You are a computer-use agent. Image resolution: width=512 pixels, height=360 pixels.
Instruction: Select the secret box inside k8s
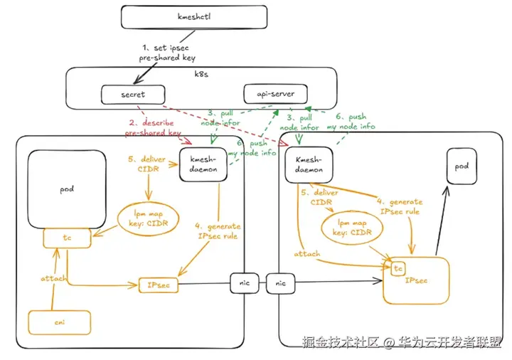coord(133,93)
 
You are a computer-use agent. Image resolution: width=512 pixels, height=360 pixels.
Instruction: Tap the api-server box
coord(270,93)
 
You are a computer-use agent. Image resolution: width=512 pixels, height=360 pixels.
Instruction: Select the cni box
coord(60,322)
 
